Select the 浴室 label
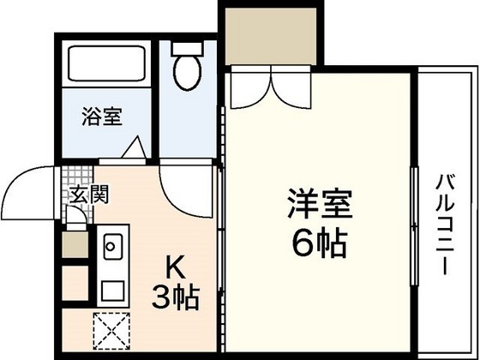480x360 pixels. pyautogui.click(x=100, y=117)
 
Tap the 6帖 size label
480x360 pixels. pyautogui.click(x=319, y=245)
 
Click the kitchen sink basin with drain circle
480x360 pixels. pyautogui.click(x=112, y=249)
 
